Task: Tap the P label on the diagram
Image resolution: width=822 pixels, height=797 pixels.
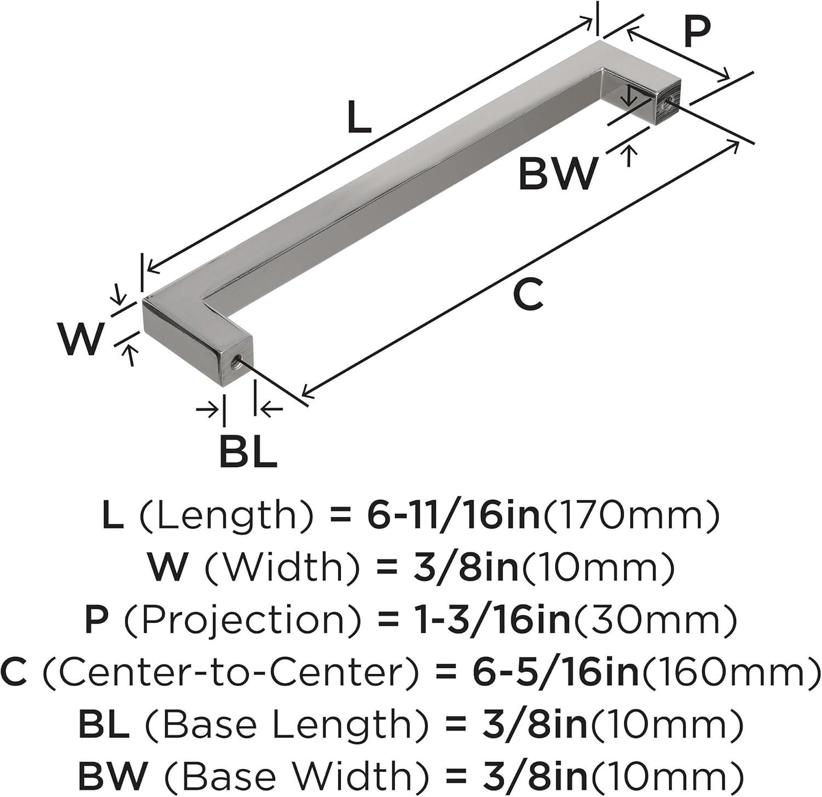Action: [x=697, y=32]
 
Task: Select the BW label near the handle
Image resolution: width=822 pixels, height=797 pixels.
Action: [x=558, y=174]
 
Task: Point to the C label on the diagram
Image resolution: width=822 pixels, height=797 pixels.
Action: [x=528, y=293]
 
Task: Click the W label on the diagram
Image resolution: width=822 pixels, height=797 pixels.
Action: [x=81, y=339]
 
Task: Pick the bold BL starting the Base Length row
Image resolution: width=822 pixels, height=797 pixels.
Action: [x=104, y=724]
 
